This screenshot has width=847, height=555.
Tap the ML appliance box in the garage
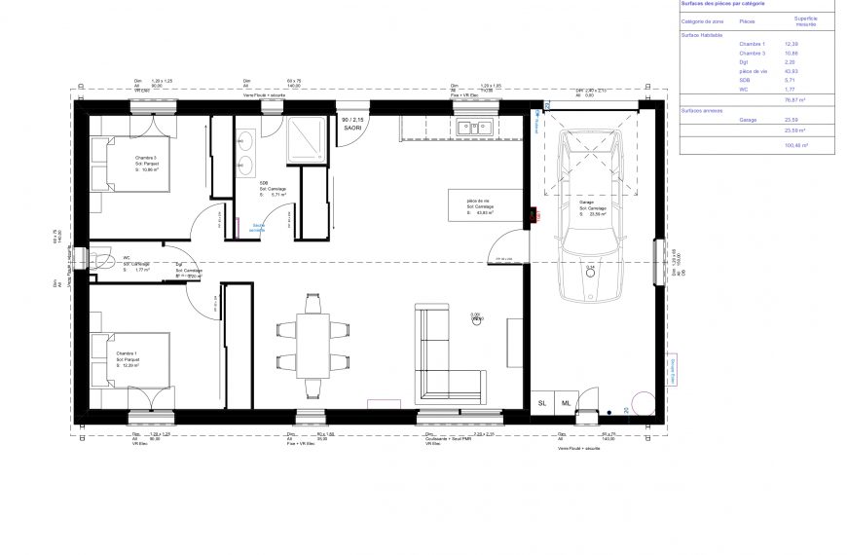click(x=566, y=402)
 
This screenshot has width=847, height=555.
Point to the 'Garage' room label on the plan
click(x=586, y=202)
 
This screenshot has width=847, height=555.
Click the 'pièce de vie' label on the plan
click(x=480, y=202)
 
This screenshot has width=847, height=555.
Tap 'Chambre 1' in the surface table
click(x=752, y=44)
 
